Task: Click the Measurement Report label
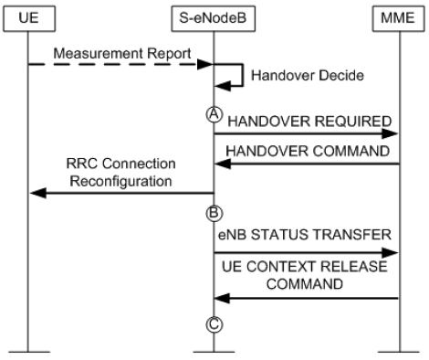[x=120, y=52]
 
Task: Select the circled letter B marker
[x=214, y=211]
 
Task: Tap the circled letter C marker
[x=214, y=321]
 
